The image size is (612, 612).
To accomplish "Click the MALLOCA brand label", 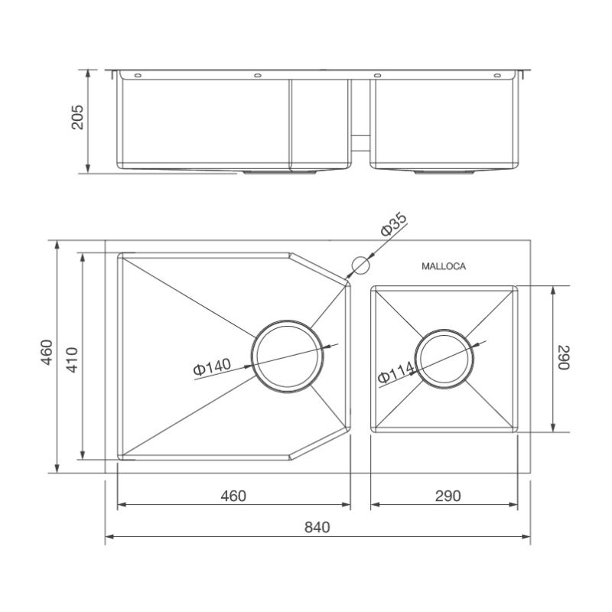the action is [444, 266].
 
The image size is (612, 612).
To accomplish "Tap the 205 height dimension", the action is [77, 117].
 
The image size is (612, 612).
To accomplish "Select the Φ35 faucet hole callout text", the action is [394, 224].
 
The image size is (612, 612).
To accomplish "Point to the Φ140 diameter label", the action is [213, 367].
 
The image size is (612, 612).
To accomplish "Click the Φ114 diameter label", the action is [396, 373].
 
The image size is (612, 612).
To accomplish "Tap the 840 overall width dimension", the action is [317, 527].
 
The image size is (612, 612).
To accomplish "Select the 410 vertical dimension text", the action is [72, 360].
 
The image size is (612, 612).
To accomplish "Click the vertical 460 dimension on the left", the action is [47, 353].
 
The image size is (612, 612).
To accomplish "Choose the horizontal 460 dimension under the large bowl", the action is [233, 496].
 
